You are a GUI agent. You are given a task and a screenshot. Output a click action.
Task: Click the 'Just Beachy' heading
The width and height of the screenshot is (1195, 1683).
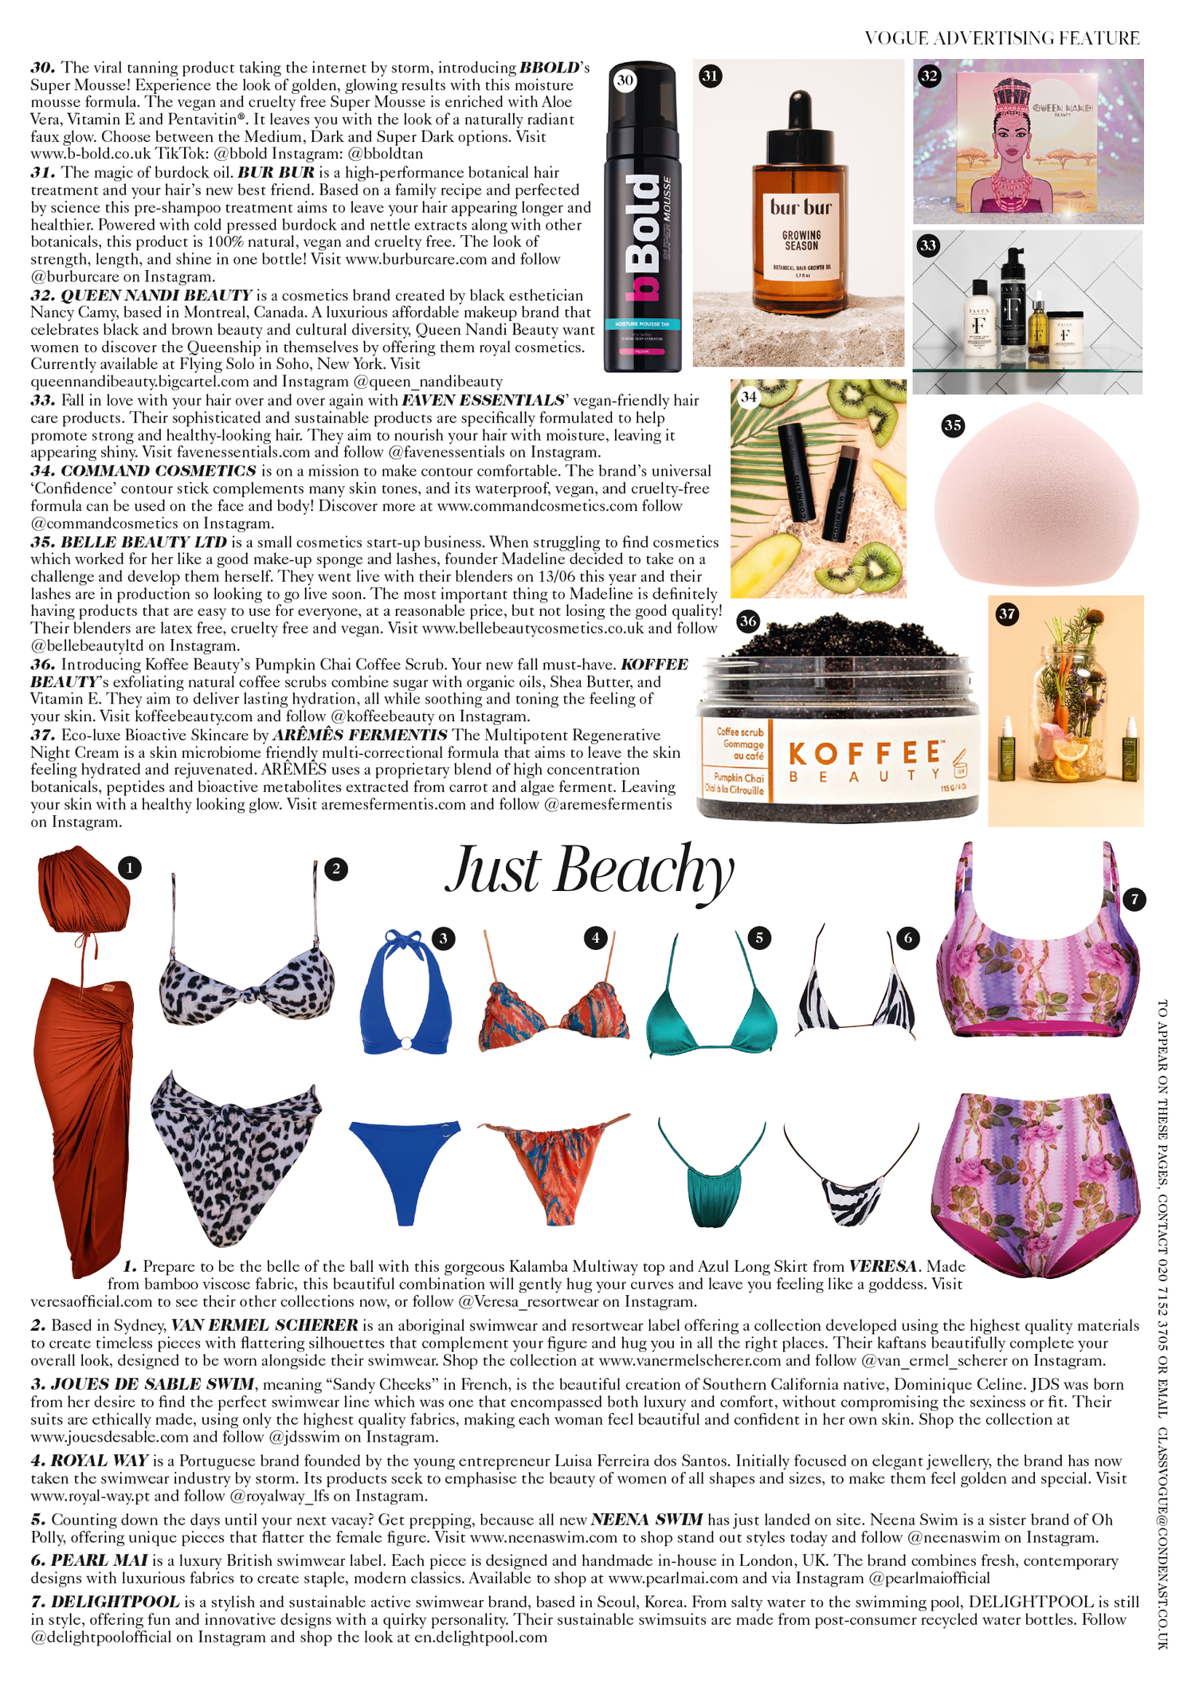(590, 871)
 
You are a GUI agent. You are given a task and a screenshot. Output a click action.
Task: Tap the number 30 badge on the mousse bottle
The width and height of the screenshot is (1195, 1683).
(625, 80)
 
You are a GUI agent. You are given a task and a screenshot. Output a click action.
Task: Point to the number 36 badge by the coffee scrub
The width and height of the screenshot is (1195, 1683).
(747, 621)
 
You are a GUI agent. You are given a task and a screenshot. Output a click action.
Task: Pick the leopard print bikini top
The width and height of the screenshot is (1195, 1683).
(247, 984)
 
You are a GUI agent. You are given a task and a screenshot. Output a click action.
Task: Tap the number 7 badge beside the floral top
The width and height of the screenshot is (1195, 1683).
(1134, 900)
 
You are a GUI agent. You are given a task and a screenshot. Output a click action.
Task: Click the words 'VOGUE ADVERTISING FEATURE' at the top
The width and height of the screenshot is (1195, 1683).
(1001, 38)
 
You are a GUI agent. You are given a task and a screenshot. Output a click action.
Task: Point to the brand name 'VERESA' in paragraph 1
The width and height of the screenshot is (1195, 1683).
(882, 1266)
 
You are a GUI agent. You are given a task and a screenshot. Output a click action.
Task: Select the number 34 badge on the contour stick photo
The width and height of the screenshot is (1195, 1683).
(748, 396)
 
